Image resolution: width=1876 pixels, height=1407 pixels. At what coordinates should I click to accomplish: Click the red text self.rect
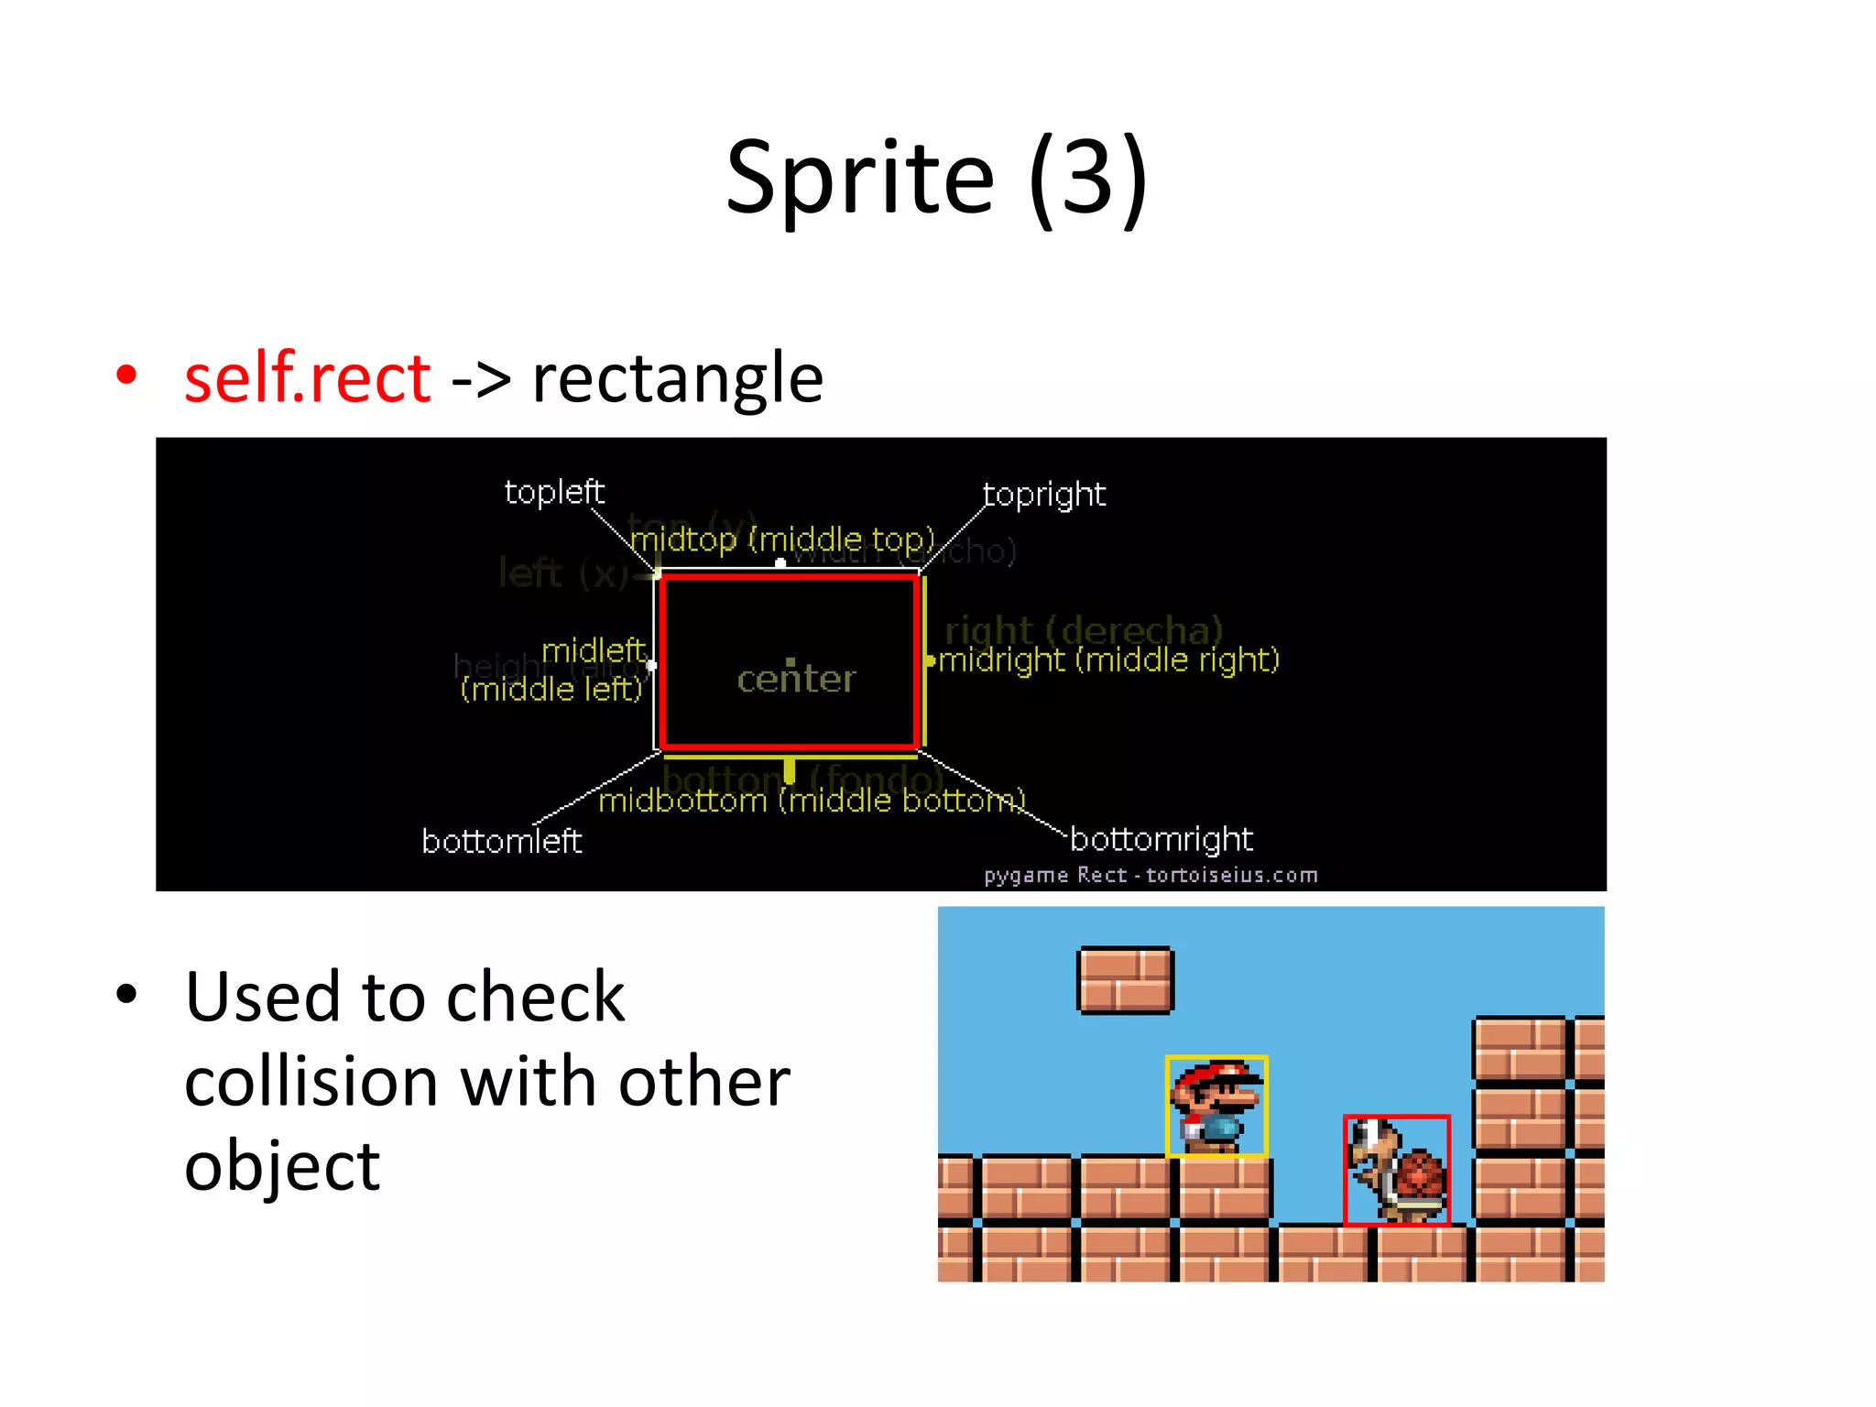307,377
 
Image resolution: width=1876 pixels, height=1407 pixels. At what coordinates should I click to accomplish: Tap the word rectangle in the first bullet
677,379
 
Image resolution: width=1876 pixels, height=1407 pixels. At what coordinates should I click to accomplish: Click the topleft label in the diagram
554,492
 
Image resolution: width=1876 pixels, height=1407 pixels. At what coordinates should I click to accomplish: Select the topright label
1043,495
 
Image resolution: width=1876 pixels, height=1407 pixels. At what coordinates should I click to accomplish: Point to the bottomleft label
501,841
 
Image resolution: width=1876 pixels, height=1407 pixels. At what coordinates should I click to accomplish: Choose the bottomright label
1161,839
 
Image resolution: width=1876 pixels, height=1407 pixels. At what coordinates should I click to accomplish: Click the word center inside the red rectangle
796,679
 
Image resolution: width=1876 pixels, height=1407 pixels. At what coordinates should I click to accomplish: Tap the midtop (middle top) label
782,540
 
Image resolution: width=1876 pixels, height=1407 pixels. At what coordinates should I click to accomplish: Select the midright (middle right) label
1108,660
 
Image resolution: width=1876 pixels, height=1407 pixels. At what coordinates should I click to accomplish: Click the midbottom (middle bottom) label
812,802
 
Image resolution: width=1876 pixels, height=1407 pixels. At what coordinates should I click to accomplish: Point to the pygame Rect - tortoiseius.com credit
1151,876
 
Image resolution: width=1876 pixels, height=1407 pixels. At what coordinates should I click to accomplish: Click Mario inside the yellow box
1216,1107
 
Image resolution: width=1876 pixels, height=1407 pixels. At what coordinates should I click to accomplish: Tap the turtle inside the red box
1398,1171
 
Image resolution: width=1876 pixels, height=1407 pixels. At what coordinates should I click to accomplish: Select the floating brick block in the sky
1125,980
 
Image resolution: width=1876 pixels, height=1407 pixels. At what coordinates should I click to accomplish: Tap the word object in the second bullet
282,1167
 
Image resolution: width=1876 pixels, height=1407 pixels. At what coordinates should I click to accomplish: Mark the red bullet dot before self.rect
126,375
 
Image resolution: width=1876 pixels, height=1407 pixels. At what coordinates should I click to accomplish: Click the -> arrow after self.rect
481,379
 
